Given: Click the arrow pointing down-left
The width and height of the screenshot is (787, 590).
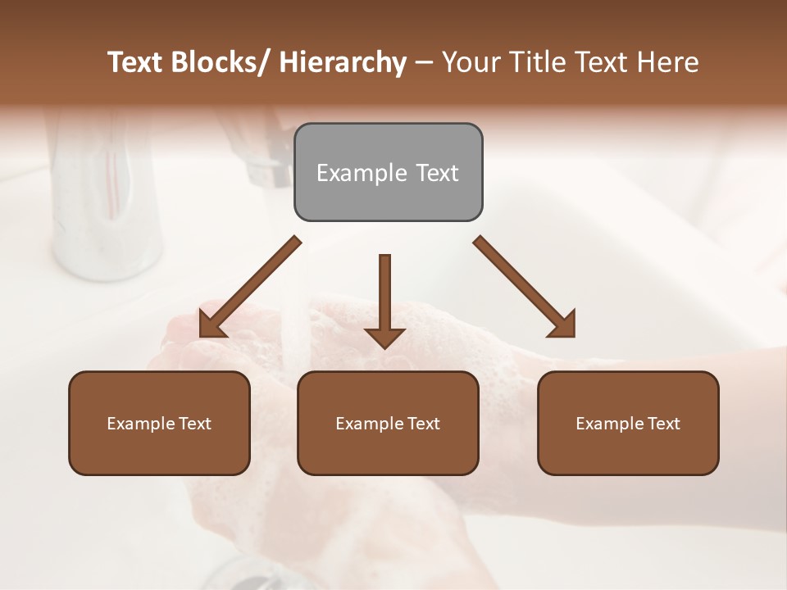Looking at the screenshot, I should point(251,288).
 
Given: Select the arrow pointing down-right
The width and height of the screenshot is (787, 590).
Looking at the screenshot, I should point(525,288).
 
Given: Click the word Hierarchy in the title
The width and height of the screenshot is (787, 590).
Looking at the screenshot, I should point(343,62).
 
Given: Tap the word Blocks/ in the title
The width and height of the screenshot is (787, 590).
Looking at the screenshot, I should point(221,62).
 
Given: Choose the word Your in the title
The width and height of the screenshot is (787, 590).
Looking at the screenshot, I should point(469,62).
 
